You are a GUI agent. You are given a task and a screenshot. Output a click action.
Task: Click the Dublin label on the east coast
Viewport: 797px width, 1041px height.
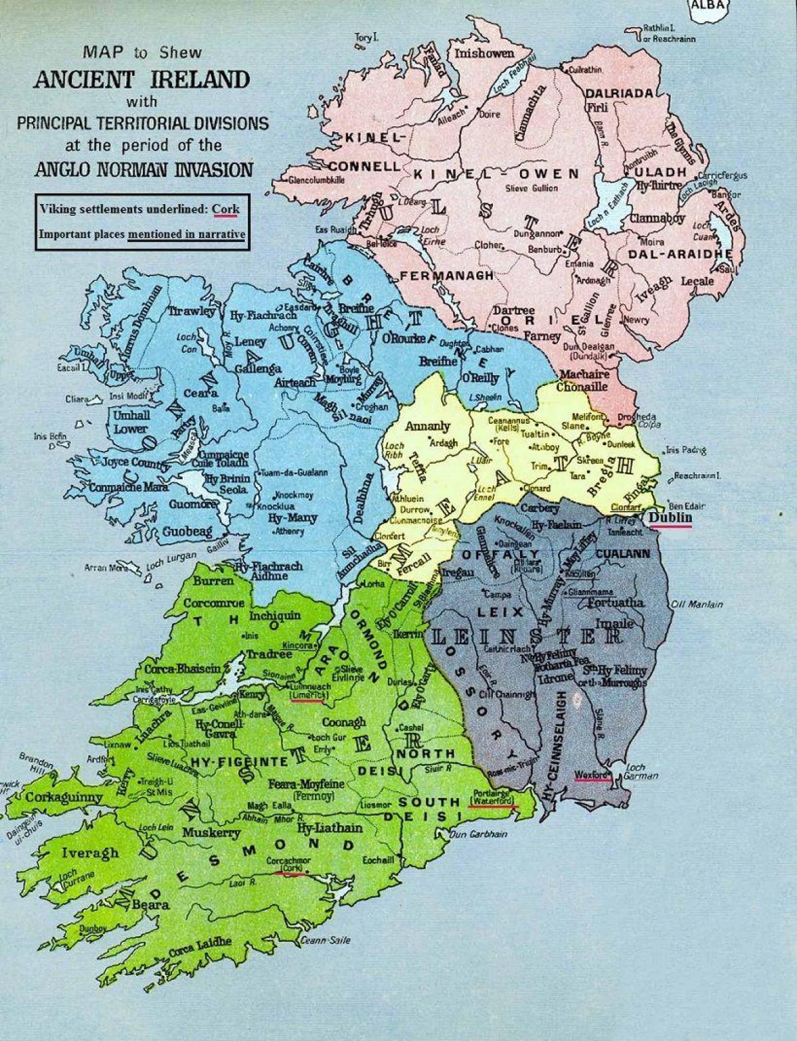coord(671,518)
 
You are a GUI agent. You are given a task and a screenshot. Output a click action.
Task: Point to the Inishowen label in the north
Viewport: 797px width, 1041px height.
coord(484,54)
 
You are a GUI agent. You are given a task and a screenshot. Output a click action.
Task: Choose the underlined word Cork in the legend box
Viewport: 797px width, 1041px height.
coord(226,209)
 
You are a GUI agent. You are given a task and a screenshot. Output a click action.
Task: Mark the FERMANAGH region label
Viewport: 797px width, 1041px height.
coord(446,275)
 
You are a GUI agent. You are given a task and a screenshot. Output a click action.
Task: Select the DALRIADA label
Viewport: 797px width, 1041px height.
coord(619,94)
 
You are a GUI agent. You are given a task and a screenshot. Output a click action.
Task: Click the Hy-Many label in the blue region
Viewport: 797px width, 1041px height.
coord(292,518)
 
